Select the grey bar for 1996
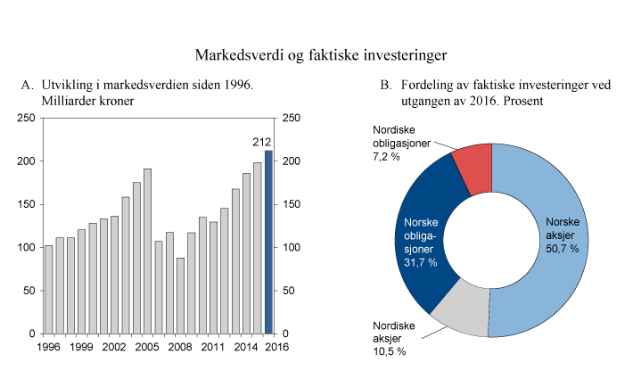pos(48,289)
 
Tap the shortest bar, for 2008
pos(180,295)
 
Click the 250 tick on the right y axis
pos(291,119)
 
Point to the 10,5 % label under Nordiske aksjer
pos(388,351)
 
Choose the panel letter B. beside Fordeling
pos(386,86)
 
